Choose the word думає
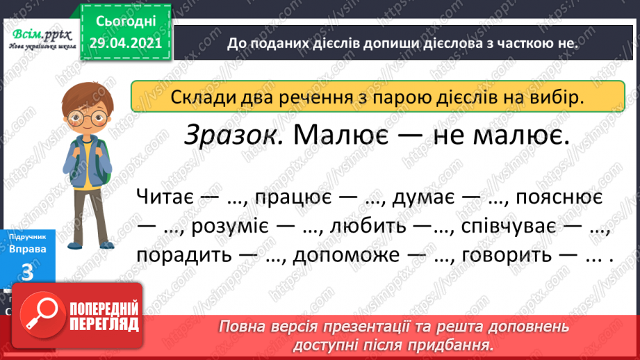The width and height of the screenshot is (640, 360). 424,197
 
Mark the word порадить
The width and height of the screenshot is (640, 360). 185,255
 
